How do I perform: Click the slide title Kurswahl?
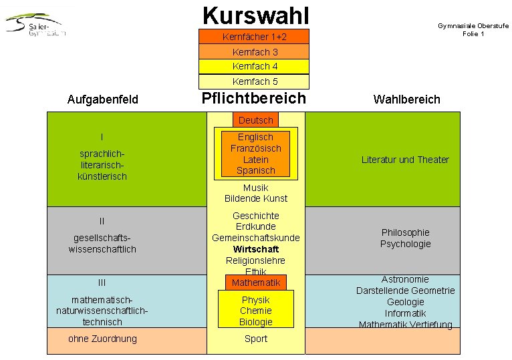[x=255, y=14]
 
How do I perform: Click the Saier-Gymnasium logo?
[x=37, y=25]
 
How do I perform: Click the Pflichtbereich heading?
[x=254, y=98]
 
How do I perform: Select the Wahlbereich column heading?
[x=406, y=100]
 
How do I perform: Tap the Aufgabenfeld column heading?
[x=103, y=100]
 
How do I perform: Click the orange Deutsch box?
[x=255, y=120]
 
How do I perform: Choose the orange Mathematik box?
[x=256, y=283]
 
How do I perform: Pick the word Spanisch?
[x=255, y=170]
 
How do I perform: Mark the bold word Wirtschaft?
[x=256, y=249]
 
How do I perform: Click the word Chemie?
[x=256, y=311]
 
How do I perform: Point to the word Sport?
[x=256, y=339]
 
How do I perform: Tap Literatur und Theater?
[x=405, y=160]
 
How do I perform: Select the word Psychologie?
[x=405, y=244]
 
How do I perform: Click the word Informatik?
[x=405, y=313]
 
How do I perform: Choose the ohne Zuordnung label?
[x=102, y=339]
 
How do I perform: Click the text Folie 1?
[x=473, y=33]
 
